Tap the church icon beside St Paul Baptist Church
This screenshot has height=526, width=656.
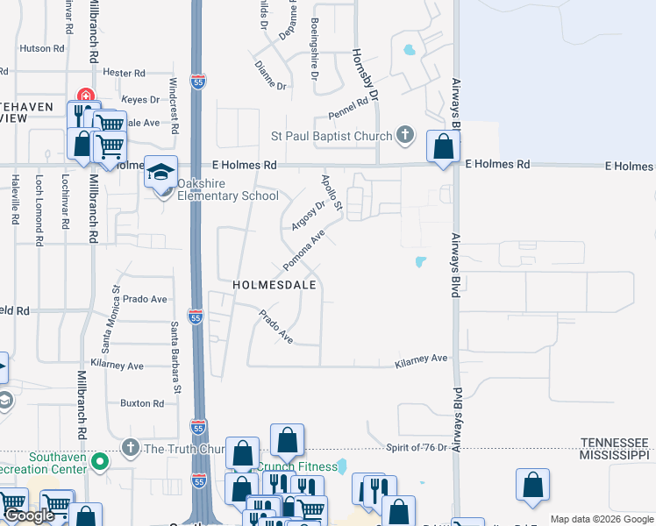pos(404,135)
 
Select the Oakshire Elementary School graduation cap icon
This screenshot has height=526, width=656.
pos(161,171)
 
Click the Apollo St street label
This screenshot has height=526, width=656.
pos(331,192)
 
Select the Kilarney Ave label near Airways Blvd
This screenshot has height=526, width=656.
pos(421,359)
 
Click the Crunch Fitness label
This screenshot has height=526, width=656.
pos(301,467)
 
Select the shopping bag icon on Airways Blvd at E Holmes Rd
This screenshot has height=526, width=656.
pos(444,146)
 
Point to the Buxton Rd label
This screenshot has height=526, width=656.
pos(143,403)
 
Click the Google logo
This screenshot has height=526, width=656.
pos(29,515)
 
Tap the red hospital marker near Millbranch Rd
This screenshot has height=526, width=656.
pos(86,96)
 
